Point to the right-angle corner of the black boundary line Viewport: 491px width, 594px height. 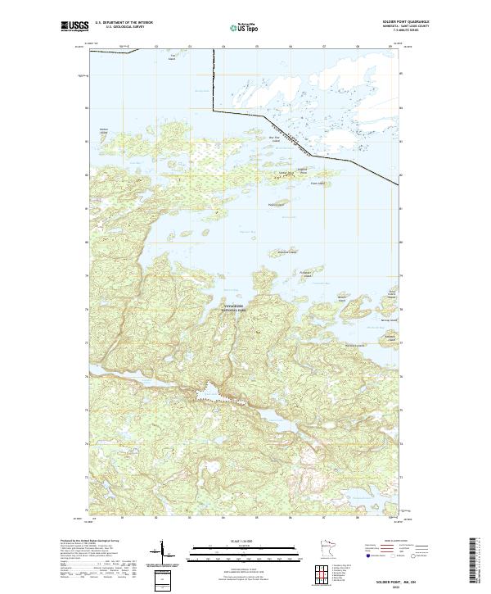click(214, 110)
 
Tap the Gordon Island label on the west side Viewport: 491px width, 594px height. click(103, 130)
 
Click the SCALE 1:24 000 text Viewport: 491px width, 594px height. click(245, 538)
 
